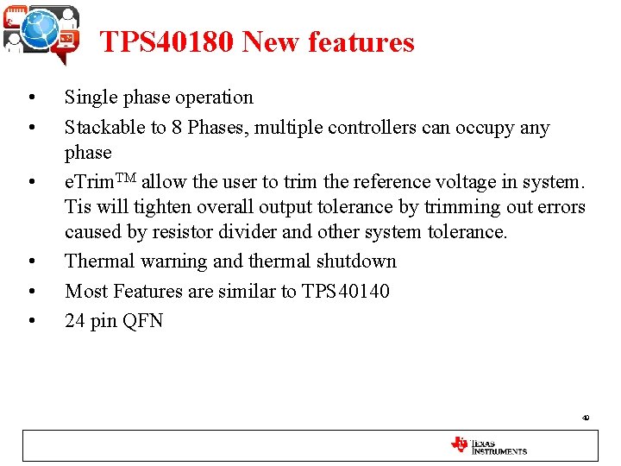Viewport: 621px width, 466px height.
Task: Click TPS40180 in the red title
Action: (x=166, y=42)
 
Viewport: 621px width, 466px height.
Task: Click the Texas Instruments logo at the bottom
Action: (x=488, y=445)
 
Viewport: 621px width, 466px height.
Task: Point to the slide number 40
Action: (x=586, y=418)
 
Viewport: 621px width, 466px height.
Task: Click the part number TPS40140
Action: (x=346, y=292)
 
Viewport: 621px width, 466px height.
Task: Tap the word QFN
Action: (x=142, y=322)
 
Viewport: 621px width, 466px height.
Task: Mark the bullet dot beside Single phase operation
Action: (x=31, y=98)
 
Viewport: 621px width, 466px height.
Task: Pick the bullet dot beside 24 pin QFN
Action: (x=31, y=322)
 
